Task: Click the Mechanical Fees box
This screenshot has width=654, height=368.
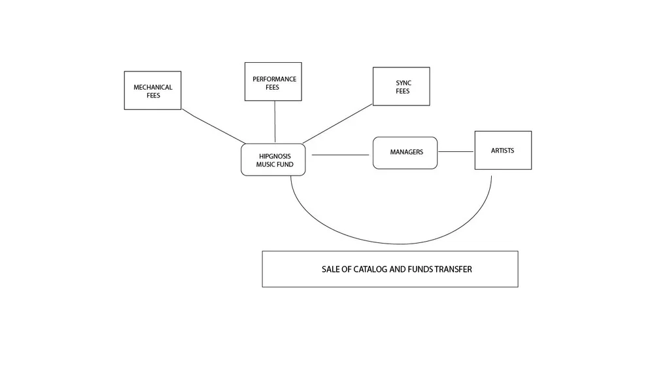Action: click(152, 90)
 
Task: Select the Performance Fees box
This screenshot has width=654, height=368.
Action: click(273, 82)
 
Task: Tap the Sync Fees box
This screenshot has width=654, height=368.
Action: click(401, 86)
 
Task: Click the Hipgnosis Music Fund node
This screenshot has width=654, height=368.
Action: click(273, 160)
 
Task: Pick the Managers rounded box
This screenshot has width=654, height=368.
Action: click(405, 153)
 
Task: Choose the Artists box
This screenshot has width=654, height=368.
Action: click(503, 150)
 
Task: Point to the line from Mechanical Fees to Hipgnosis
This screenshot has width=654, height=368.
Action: click(213, 126)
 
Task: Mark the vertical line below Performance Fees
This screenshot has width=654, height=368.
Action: click(275, 121)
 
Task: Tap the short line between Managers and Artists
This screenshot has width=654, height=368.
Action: click(456, 152)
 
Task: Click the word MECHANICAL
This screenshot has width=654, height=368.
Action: click(153, 87)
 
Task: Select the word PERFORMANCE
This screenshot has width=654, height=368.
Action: click(275, 79)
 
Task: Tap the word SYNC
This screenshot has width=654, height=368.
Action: click(404, 83)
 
